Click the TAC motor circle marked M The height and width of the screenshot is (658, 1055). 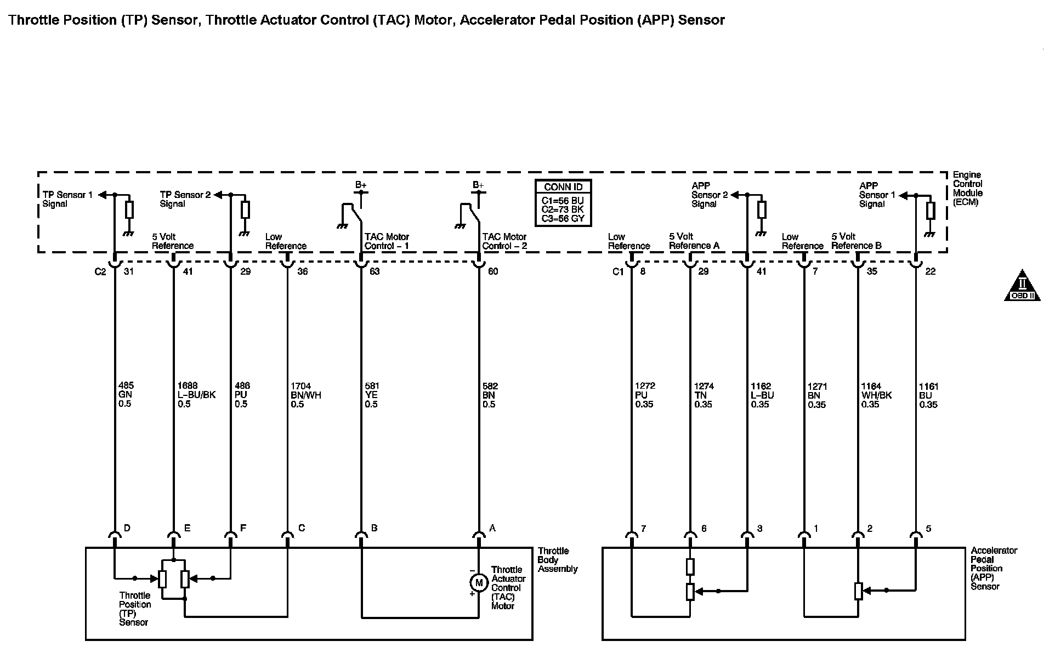click(x=479, y=582)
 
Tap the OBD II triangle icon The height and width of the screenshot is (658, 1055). click(x=1022, y=286)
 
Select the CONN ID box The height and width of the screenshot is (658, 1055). click(x=563, y=203)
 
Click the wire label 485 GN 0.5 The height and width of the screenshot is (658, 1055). click(x=126, y=395)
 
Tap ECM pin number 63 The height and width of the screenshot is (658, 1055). click(x=375, y=271)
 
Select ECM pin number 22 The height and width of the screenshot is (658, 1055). click(x=930, y=271)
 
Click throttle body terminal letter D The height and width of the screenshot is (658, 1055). click(x=127, y=528)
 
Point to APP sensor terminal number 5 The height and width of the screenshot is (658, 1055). click(x=928, y=529)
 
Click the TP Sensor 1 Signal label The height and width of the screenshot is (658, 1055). click(x=67, y=199)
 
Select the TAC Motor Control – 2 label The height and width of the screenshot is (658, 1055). click(x=504, y=241)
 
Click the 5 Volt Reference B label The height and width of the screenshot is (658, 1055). click(x=856, y=241)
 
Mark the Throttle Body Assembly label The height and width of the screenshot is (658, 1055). click(x=557, y=560)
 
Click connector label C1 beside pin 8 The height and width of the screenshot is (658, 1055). click(x=618, y=271)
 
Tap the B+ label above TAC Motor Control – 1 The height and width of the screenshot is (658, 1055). click(x=360, y=185)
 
